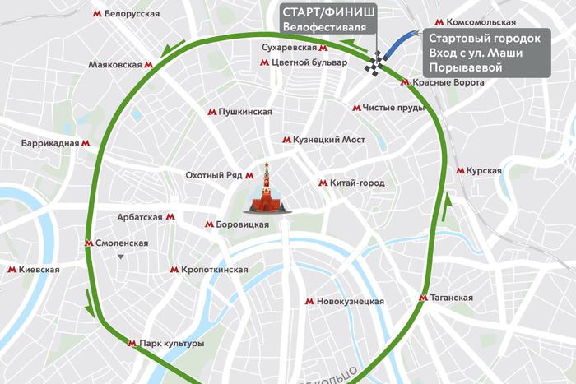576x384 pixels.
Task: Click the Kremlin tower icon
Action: (x=266, y=191)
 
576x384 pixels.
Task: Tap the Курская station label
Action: (x=483, y=170)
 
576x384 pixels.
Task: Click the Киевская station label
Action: (x=39, y=270)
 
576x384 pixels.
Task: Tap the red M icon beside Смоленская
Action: (x=90, y=243)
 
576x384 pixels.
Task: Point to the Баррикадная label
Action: (x=50, y=143)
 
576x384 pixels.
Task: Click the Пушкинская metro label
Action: (x=245, y=111)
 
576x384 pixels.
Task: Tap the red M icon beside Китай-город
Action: (x=323, y=183)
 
